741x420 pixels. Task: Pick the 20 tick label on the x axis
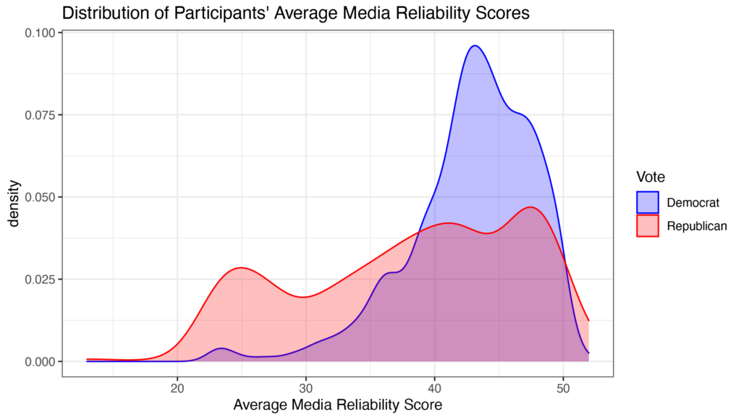point(177,387)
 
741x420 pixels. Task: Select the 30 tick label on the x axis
point(306,387)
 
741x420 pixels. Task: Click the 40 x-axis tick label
point(435,387)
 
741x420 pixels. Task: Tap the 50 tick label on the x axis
point(563,387)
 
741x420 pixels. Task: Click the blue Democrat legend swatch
point(648,202)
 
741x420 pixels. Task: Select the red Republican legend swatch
point(648,226)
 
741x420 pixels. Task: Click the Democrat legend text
point(692,202)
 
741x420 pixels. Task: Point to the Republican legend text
point(697,226)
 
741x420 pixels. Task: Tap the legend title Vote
point(651,177)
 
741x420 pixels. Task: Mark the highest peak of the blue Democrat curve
point(475,46)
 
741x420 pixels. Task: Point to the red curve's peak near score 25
point(240,268)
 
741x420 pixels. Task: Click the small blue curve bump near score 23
point(220,349)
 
